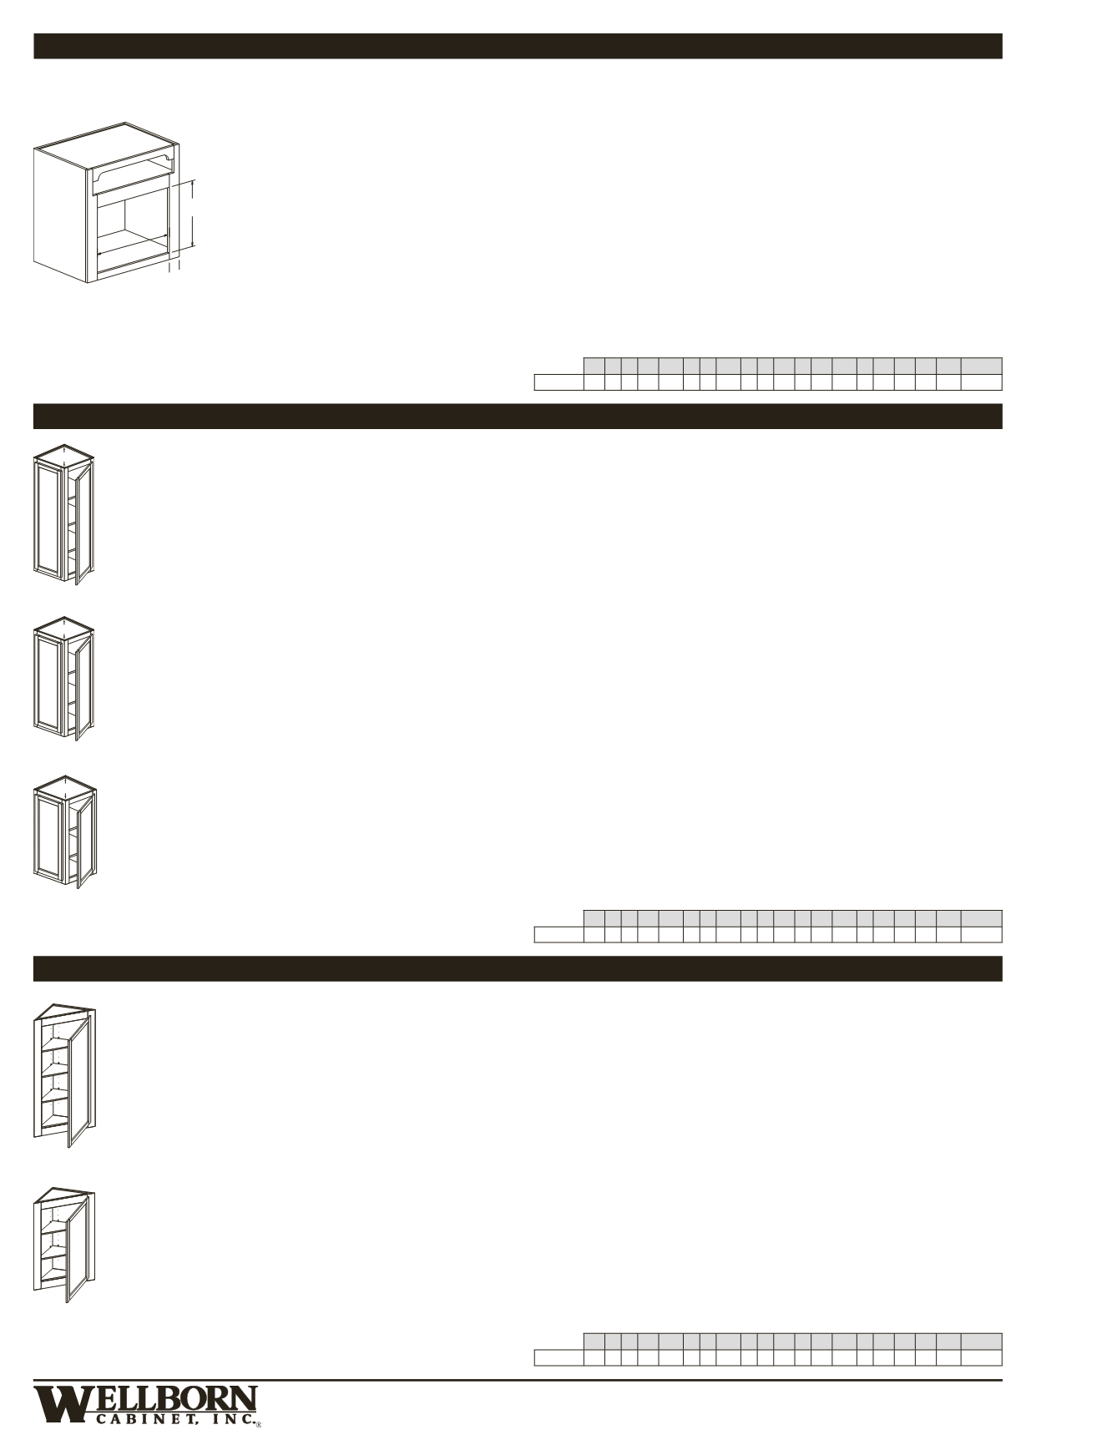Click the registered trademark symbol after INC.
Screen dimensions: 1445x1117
tap(260, 1425)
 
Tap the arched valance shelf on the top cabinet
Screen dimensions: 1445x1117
tap(134, 174)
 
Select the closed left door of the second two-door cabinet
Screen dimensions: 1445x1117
tap(49, 680)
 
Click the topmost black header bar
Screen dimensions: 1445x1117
tap(518, 46)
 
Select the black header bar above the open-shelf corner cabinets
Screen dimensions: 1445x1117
tap(518, 968)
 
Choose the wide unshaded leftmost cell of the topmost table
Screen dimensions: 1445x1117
tap(558, 382)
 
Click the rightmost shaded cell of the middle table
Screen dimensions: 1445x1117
tap(981, 917)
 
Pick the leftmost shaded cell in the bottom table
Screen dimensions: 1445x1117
tap(594, 1341)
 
